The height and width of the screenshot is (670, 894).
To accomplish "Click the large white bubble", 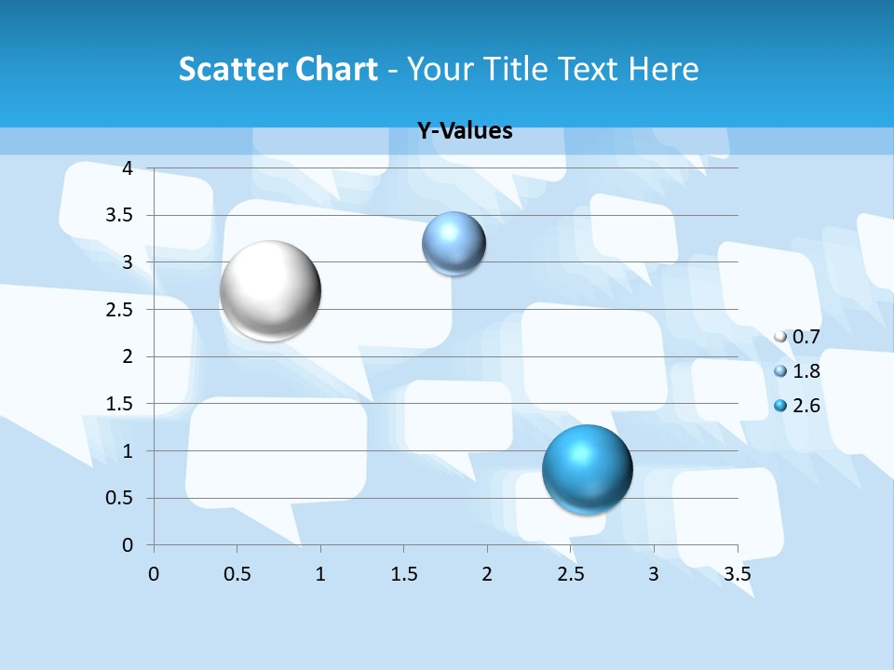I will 270,290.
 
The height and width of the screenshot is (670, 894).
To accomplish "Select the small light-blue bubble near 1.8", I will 454,244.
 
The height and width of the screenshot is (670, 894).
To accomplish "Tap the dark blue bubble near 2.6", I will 587,468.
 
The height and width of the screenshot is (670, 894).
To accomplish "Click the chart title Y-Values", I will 465,131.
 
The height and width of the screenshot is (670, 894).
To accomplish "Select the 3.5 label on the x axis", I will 737,574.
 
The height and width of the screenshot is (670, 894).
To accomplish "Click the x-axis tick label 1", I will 320,574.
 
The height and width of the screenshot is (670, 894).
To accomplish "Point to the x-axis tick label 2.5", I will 570,574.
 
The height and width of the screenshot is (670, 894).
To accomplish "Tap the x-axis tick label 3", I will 653,574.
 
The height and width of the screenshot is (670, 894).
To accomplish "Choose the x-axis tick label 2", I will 487,574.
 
